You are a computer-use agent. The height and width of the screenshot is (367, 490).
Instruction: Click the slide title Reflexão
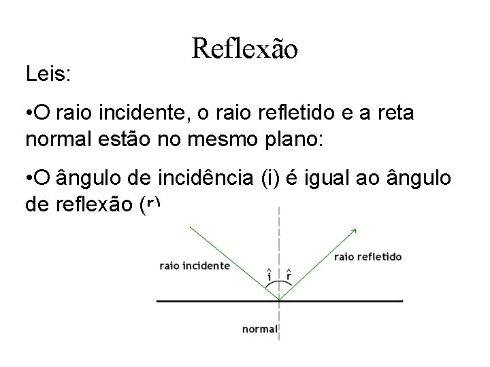(x=244, y=48)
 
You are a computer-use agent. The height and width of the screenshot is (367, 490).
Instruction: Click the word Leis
(x=47, y=73)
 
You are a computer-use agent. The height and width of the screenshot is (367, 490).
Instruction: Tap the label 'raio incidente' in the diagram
(x=194, y=266)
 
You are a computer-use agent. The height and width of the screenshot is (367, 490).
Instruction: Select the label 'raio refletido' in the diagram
(x=367, y=257)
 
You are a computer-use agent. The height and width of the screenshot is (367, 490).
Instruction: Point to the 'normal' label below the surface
(x=259, y=330)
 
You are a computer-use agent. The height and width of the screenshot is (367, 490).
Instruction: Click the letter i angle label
(x=269, y=275)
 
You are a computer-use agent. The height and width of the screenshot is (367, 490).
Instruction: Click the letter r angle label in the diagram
(x=289, y=275)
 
